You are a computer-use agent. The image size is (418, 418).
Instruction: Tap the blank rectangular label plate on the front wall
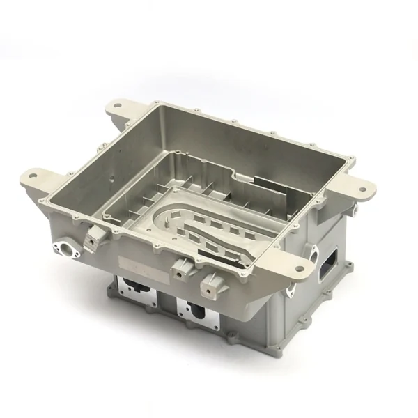[x=139, y=262]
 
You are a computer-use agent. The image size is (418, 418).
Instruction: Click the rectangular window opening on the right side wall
[x=327, y=261]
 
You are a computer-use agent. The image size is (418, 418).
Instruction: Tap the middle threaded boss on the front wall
[x=183, y=269]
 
